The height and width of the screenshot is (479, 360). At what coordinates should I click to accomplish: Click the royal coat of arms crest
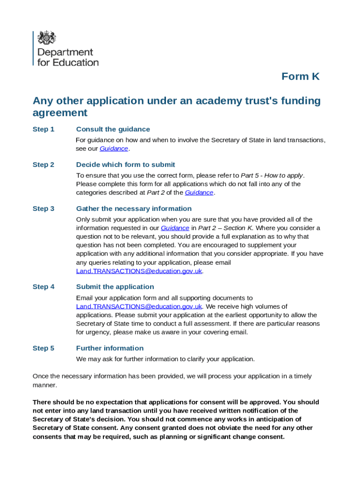47,37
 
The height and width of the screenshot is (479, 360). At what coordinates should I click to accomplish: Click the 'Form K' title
300,77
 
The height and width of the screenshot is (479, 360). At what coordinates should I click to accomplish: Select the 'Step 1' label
43,129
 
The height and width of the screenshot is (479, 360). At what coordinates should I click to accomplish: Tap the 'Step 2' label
43,165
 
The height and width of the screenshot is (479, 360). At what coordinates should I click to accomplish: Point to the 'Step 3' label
43,209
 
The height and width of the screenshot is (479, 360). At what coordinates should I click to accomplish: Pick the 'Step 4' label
43,287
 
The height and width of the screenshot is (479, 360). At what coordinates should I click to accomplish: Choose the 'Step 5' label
43,348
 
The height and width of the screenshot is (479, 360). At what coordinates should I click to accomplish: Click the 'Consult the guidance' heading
113,129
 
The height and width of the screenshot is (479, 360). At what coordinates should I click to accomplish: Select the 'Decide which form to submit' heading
125,165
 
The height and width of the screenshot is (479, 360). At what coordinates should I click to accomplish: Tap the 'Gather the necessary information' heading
134,209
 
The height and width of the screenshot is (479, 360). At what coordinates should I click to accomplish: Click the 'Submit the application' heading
115,287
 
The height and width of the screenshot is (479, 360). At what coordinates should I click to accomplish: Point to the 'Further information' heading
110,348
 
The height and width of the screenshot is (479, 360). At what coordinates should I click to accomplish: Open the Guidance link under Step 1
114,149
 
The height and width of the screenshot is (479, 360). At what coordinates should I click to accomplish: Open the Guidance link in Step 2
199,193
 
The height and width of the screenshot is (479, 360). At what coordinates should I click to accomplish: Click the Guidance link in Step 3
175,228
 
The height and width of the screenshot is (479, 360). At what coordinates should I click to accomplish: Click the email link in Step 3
139,271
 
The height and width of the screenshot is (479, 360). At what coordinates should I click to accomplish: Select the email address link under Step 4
139,306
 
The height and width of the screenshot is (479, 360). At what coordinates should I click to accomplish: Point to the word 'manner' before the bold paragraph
44,385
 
